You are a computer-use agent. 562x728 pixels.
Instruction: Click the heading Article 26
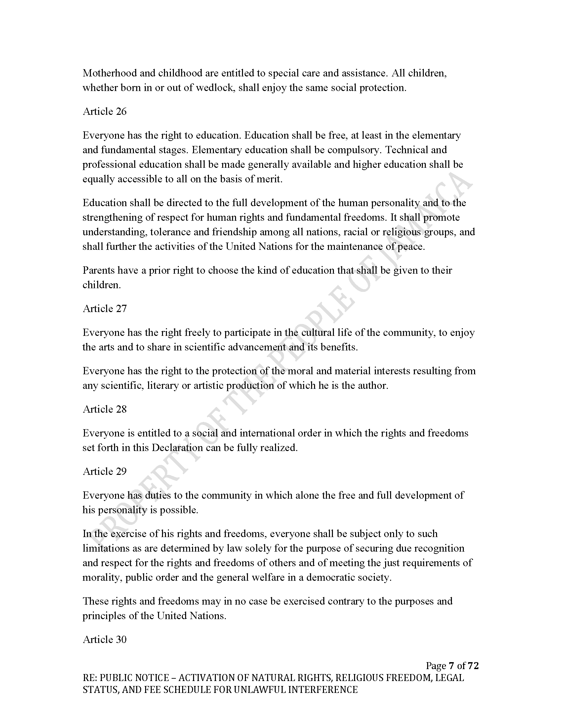point(104,111)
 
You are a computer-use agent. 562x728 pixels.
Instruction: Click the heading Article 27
point(104,308)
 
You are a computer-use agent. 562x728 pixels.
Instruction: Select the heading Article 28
point(104,409)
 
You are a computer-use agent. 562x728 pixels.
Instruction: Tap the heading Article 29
point(104,471)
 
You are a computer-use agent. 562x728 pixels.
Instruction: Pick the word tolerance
point(170,232)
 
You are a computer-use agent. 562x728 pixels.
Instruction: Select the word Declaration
point(177,447)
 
